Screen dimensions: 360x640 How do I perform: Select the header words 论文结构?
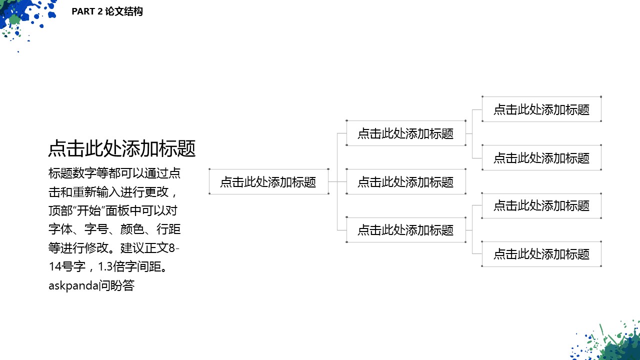tap(124, 11)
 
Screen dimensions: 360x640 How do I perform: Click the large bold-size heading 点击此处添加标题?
tap(121, 148)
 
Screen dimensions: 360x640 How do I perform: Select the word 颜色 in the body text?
tap(130, 229)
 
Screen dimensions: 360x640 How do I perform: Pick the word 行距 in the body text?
tap(168, 229)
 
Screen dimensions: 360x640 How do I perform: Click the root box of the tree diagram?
tap(268, 182)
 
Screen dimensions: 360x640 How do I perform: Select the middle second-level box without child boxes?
tap(405, 182)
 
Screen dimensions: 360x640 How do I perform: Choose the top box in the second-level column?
tap(405, 133)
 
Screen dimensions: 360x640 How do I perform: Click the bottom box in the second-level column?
tap(405, 230)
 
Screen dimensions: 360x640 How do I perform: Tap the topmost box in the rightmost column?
tap(541, 109)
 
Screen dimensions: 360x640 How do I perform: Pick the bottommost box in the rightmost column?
tap(541, 254)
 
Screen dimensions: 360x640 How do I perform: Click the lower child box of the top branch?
tap(541, 158)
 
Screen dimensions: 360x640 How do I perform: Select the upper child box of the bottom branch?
tap(541, 205)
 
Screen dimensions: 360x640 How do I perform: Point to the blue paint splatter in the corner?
tap(22, 15)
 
